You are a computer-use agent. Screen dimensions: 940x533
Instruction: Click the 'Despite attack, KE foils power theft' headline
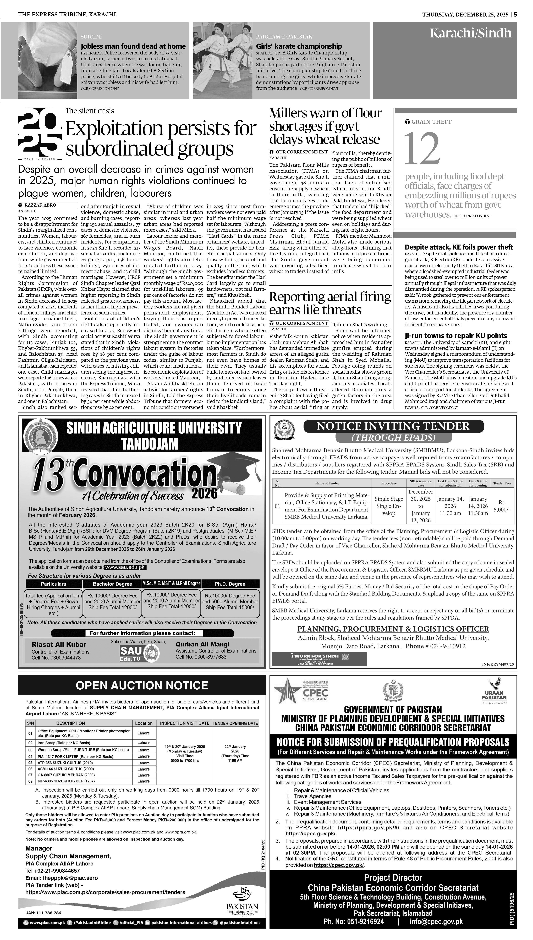point(459,247)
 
